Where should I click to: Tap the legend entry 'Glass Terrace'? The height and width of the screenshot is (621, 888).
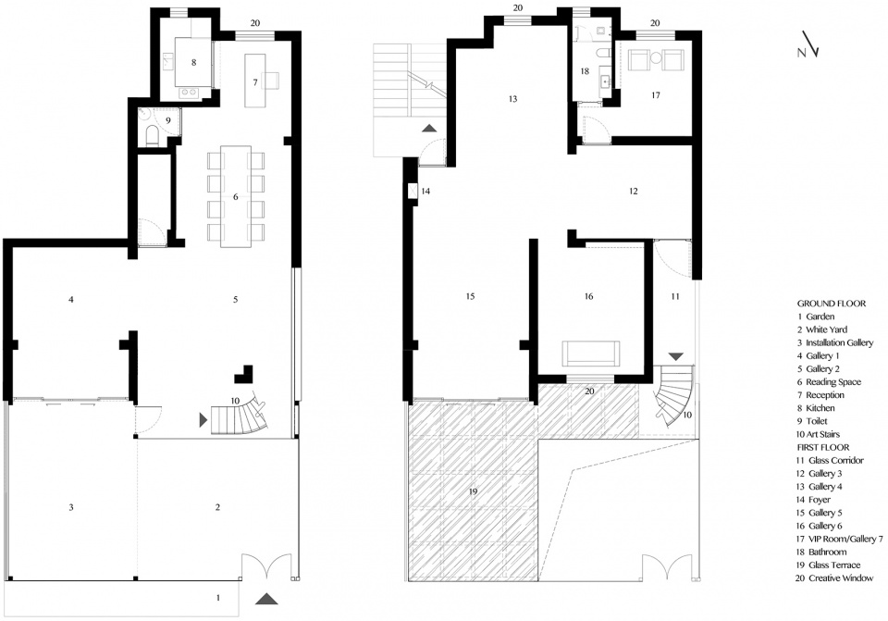834,565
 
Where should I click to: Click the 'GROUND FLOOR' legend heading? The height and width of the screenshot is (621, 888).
832,304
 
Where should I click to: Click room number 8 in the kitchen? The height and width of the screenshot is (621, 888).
193,62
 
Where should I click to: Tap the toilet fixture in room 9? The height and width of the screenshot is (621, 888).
153,136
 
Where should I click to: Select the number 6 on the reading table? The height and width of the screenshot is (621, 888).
236,197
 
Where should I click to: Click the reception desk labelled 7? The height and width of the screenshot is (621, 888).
255,81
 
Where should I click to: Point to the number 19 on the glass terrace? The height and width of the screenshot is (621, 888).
474,491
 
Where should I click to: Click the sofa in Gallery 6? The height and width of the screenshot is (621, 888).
591,354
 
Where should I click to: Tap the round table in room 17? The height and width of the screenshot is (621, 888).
656,57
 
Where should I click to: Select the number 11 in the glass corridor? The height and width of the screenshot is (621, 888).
675,296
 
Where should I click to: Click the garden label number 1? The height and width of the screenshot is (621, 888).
218,597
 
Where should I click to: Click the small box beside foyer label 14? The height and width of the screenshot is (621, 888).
413,191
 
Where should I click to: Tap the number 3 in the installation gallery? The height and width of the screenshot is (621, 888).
71,508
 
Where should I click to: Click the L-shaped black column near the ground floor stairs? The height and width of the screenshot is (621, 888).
244,373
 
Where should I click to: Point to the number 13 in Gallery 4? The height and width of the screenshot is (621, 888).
513,99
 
